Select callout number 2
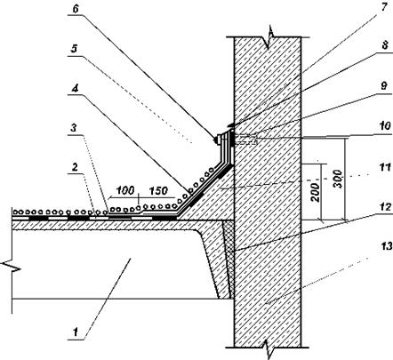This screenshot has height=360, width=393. click(75, 167)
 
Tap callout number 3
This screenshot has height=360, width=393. click(74, 128)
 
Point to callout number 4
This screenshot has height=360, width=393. click(75, 88)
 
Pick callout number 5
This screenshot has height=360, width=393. click(74, 48)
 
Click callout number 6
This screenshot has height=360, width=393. click(76, 9)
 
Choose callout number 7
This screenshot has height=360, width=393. click(384, 7)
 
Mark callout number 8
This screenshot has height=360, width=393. click(385, 45)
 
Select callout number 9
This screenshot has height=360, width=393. click(384, 86)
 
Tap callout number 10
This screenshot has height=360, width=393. click(386, 126)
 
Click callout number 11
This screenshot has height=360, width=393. click(386, 167)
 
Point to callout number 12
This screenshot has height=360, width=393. click(386, 206)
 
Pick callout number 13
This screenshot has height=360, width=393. click(387, 245)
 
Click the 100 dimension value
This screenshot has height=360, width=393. click(125, 190)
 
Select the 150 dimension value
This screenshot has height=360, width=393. click(158, 190)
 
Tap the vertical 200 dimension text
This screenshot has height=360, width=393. click(316, 193)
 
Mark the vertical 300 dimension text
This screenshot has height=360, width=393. click(338, 179)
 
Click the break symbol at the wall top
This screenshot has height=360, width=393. click(269, 37)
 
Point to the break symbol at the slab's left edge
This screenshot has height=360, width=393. click(11, 266)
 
